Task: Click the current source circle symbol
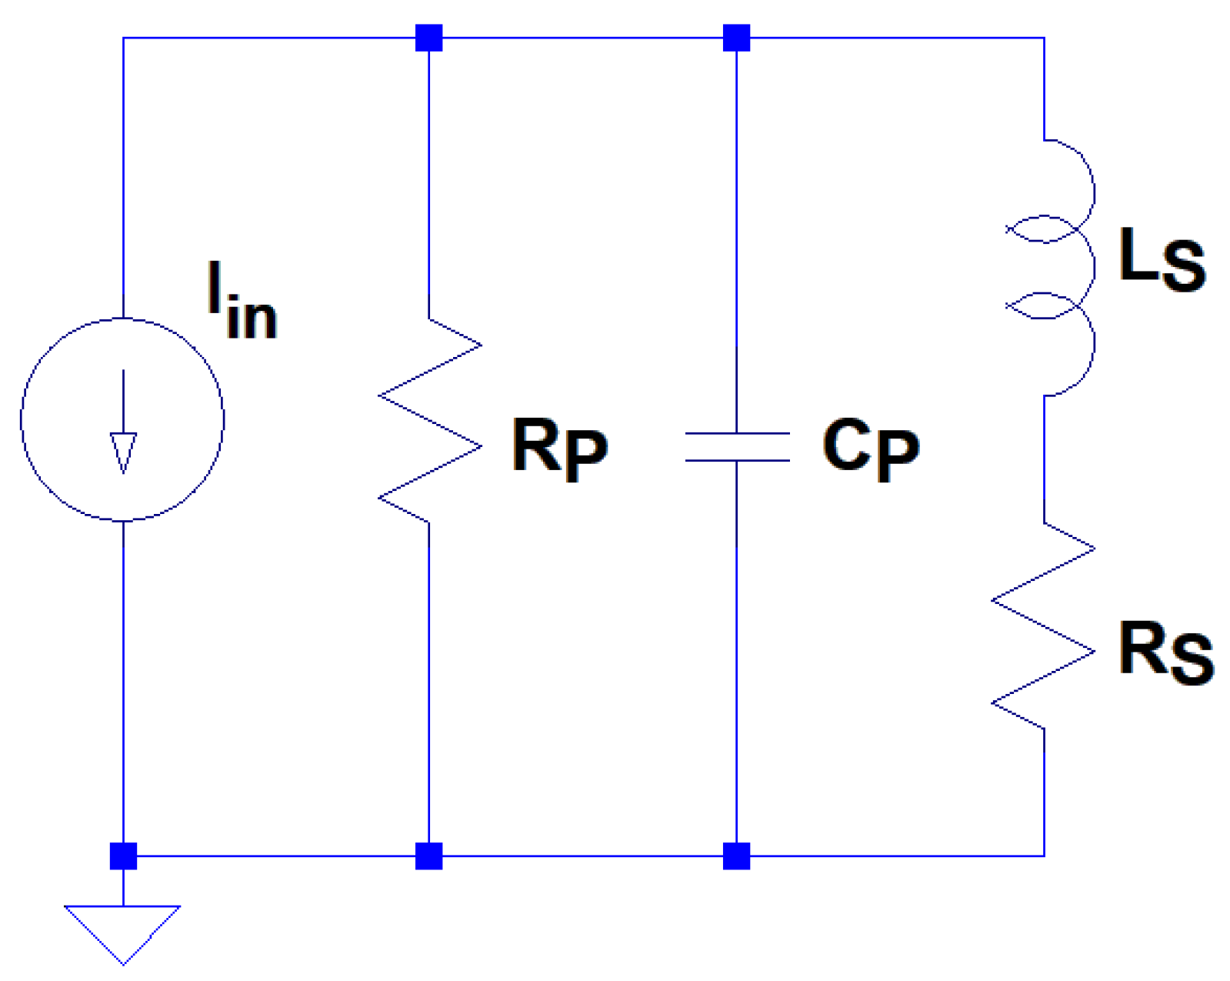tap(122, 419)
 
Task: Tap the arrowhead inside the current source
tap(123, 452)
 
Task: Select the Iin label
tap(242, 302)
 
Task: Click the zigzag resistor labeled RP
tap(429, 420)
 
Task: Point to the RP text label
tap(559, 449)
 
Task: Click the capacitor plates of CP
tap(737, 447)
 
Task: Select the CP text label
tap(870, 449)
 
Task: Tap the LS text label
tap(1162, 259)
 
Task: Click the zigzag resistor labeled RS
tap(1044, 626)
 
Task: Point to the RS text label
tap(1165, 653)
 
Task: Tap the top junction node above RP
tap(429, 38)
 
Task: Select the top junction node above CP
tap(737, 38)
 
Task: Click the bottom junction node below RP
tap(429, 856)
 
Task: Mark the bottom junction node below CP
tap(737, 856)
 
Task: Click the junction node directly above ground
tap(123, 856)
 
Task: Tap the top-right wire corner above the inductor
tap(1044, 38)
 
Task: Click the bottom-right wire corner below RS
tap(1044, 856)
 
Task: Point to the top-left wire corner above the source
tap(123, 38)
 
